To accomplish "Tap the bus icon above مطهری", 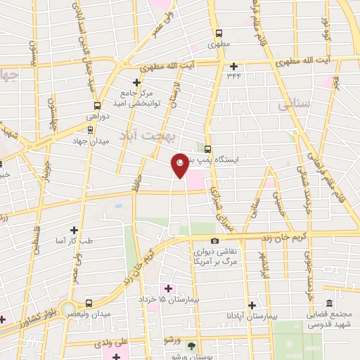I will [219, 32].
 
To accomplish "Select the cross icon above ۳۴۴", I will [233, 66].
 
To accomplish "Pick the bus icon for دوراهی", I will [89, 129].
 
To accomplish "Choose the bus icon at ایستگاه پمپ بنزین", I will [208, 148].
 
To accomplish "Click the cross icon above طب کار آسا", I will [75, 229].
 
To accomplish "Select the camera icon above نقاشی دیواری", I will [214, 241].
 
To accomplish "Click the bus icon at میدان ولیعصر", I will [89, 303].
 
